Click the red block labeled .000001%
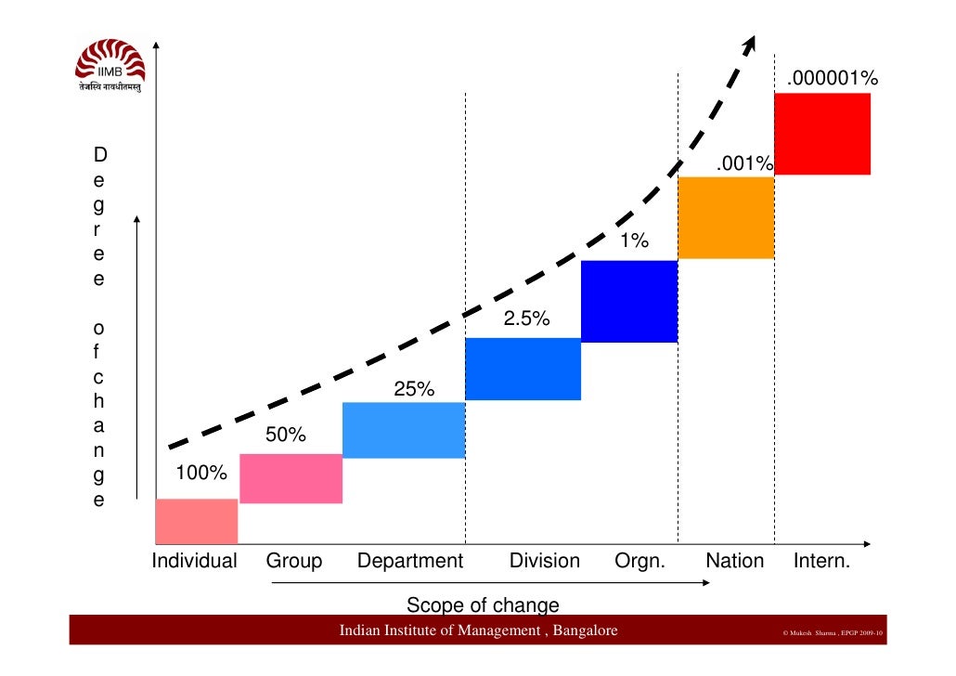pyautogui.click(x=821, y=134)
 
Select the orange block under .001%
pyautogui.click(x=726, y=217)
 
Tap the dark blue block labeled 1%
pyautogui.click(x=629, y=301)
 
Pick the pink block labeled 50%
pyautogui.click(x=291, y=478)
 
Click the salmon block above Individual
pyautogui.click(x=196, y=521)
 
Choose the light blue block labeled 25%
pyautogui.click(x=403, y=430)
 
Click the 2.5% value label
pyautogui.click(x=527, y=319)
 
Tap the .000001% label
pyautogui.click(x=832, y=81)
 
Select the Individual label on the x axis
pyautogui.click(x=195, y=561)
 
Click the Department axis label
pyautogui.click(x=409, y=561)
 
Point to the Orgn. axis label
pyautogui.click(x=639, y=561)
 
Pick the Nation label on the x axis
pyautogui.click(x=734, y=561)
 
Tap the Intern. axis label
pyautogui.click(x=821, y=561)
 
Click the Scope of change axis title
pyautogui.click(x=483, y=605)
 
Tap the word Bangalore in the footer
pyautogui.click(x=585, y=631)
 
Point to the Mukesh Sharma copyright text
pyautogui.click(x=833, y=633)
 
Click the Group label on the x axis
pyautogui.click(x=294, y=561)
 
